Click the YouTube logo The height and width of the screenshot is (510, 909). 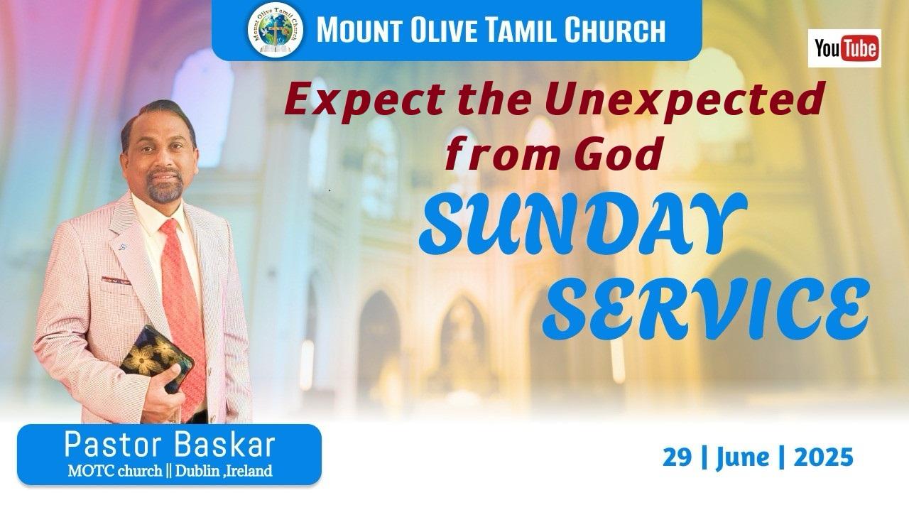point(844,48)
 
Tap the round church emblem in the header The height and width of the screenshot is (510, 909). point(275,30)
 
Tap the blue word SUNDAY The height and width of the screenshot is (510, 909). point(582,224)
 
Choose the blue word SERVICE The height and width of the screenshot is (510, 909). point(706,309)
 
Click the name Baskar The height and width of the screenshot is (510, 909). point(226,445)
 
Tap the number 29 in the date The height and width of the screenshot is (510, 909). point(677,457)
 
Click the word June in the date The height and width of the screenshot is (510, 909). point(743,459)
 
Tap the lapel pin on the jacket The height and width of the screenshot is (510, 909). point(123,246)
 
